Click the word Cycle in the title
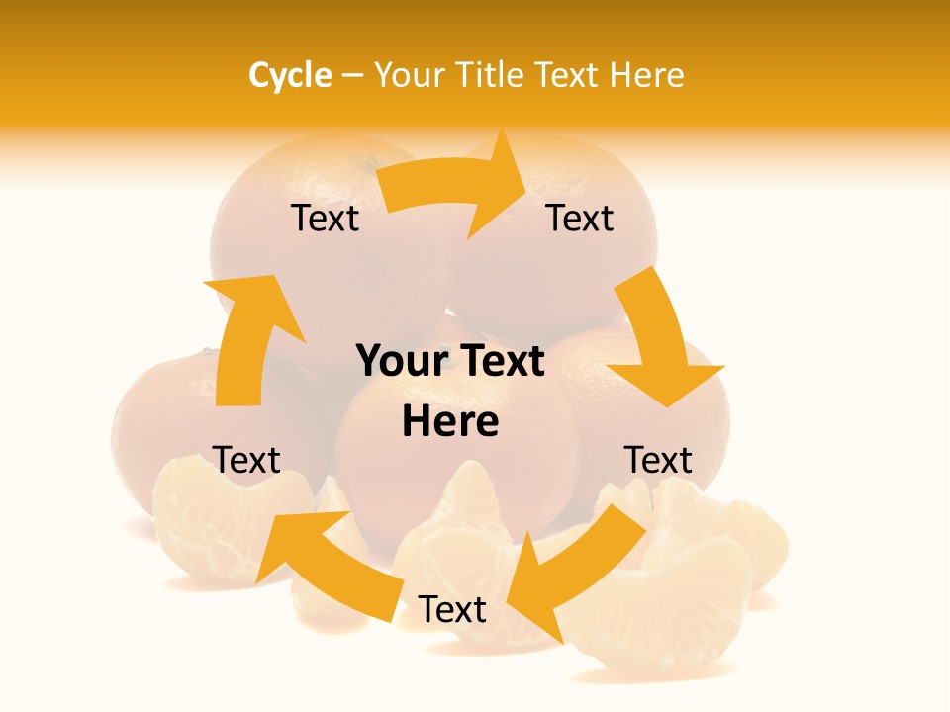(290, 75)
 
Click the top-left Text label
(325, 219)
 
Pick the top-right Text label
(580, 219)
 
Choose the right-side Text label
(657, 460)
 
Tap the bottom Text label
(452, 610)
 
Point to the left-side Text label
(246, 460)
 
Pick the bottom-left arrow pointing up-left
(327, 554)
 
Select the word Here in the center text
(450, 421)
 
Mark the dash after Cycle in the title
(352, 76)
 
